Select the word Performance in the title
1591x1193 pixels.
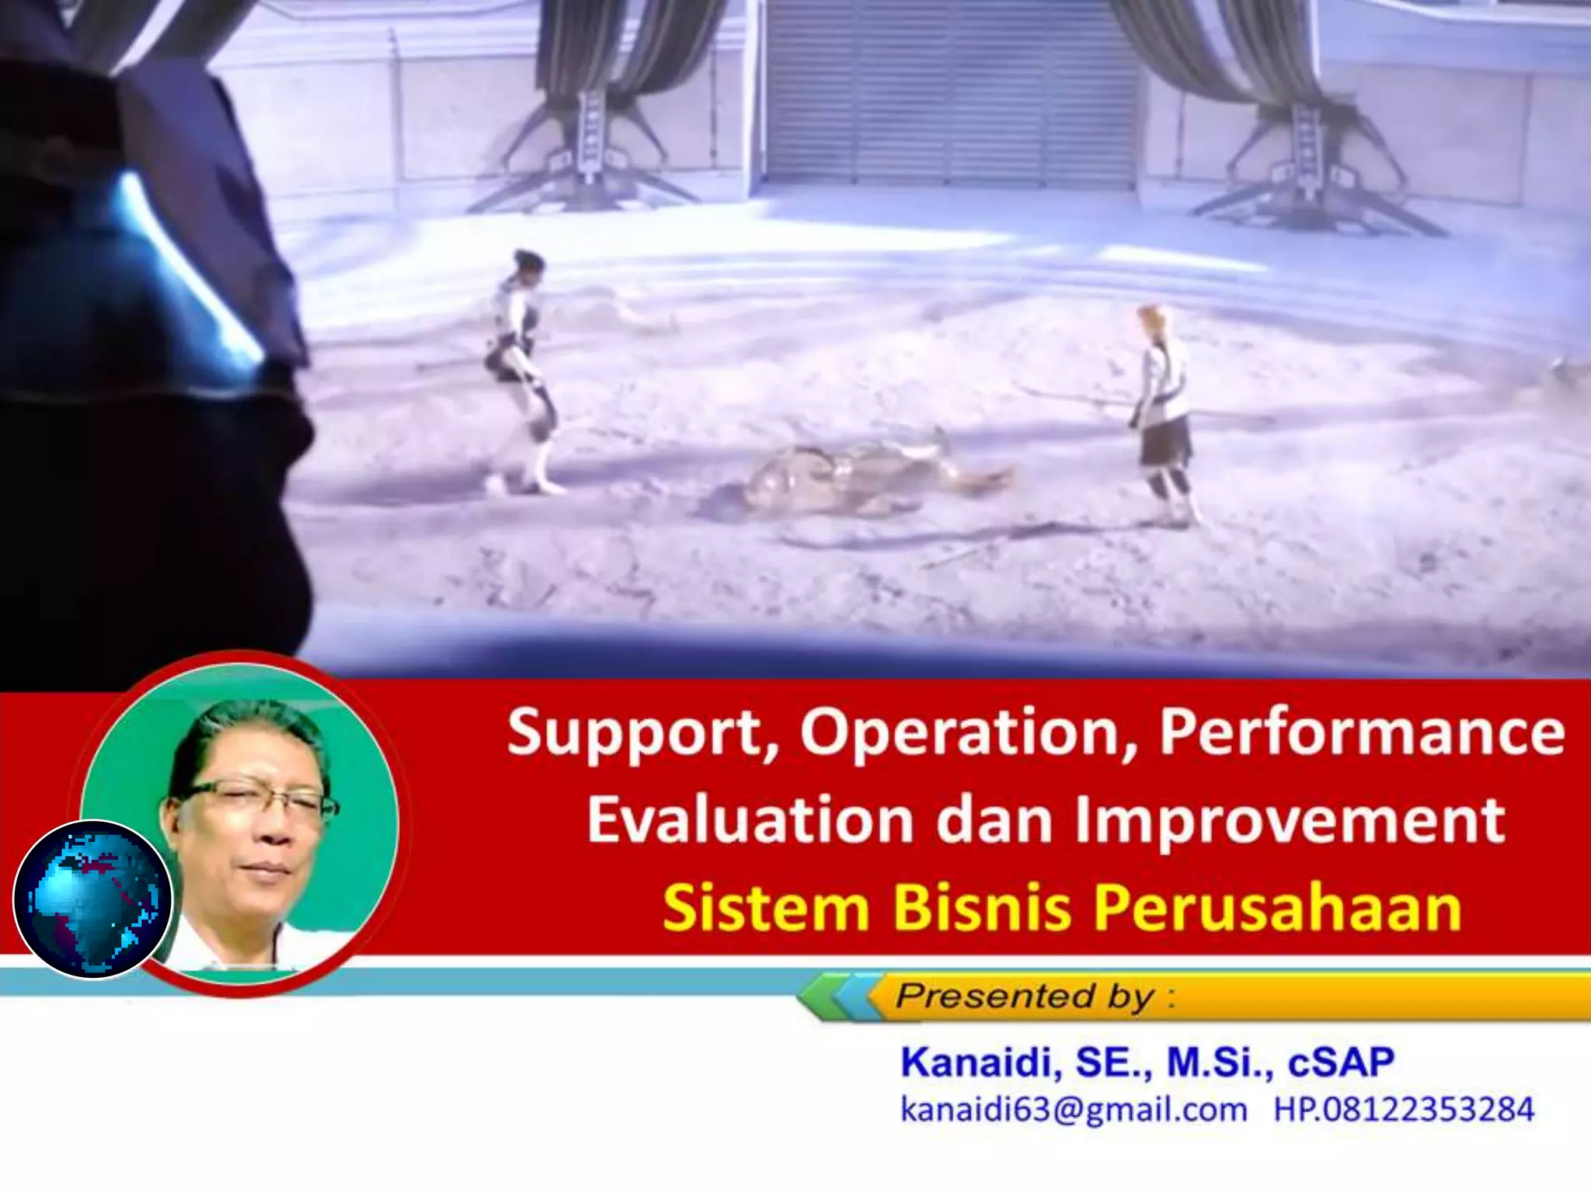coord(1361,732)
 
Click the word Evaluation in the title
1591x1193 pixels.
coord(750,820)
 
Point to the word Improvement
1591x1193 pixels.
coord(1290,820)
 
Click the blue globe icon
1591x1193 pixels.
coord(93,899)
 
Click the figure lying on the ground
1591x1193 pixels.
coord(855,478)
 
